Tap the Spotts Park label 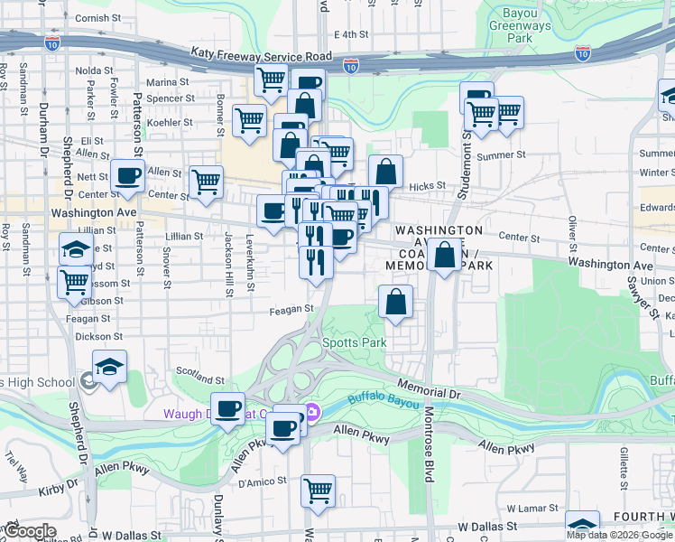point(355,343)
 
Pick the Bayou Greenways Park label point(519,26)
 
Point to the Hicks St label point(428,186)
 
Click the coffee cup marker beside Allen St point(128,174)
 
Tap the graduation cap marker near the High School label point(109,366)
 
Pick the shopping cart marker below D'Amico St point(318,491)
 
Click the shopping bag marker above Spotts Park point(395,302)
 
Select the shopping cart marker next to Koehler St point(249,120)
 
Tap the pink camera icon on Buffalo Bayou point(312,412)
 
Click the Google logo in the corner point(30,532)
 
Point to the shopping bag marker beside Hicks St point(385,172)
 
